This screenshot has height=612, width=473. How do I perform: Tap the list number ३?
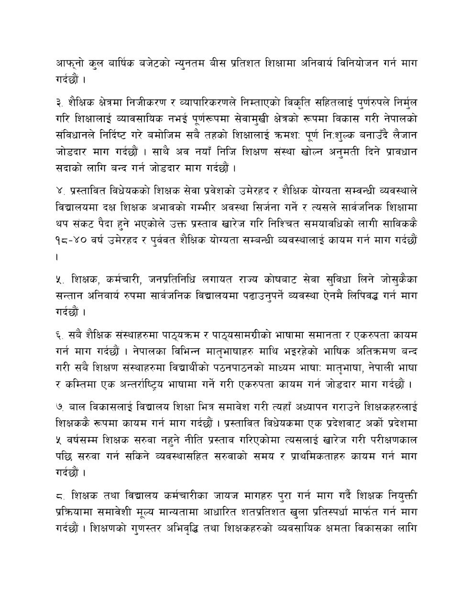[60, 102]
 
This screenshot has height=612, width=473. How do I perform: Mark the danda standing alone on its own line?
[58, 257]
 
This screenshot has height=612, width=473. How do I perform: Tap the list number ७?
[60, 406]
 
